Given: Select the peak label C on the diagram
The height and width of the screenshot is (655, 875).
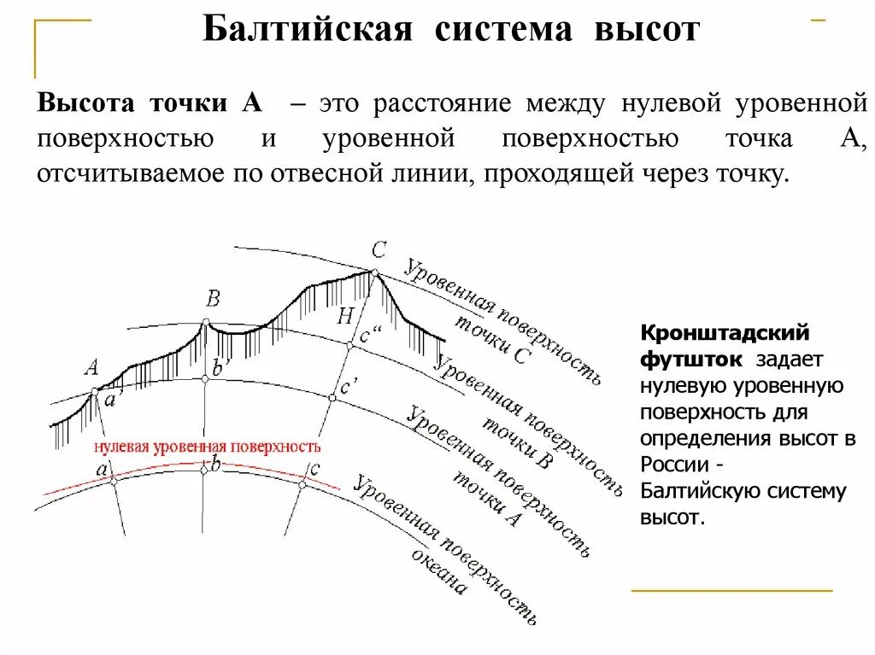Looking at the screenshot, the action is click(379, 249).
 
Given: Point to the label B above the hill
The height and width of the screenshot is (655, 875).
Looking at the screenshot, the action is click(213, 299).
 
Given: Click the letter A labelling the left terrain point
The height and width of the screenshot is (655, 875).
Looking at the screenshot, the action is click(91, 368).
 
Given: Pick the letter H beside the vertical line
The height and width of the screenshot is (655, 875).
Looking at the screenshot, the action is click(344, 316).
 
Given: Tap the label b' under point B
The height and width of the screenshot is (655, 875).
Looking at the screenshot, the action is click(220, 368).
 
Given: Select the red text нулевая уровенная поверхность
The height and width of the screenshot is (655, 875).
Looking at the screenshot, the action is click(208, 447).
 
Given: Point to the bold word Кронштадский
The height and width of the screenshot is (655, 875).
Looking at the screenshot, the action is click(725, 332).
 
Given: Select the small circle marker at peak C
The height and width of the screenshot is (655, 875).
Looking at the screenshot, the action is click(373, 272).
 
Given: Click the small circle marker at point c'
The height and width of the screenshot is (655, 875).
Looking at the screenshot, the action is click(333, 397).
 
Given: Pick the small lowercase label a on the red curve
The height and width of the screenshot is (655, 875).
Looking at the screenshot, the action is click(102, 469).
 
